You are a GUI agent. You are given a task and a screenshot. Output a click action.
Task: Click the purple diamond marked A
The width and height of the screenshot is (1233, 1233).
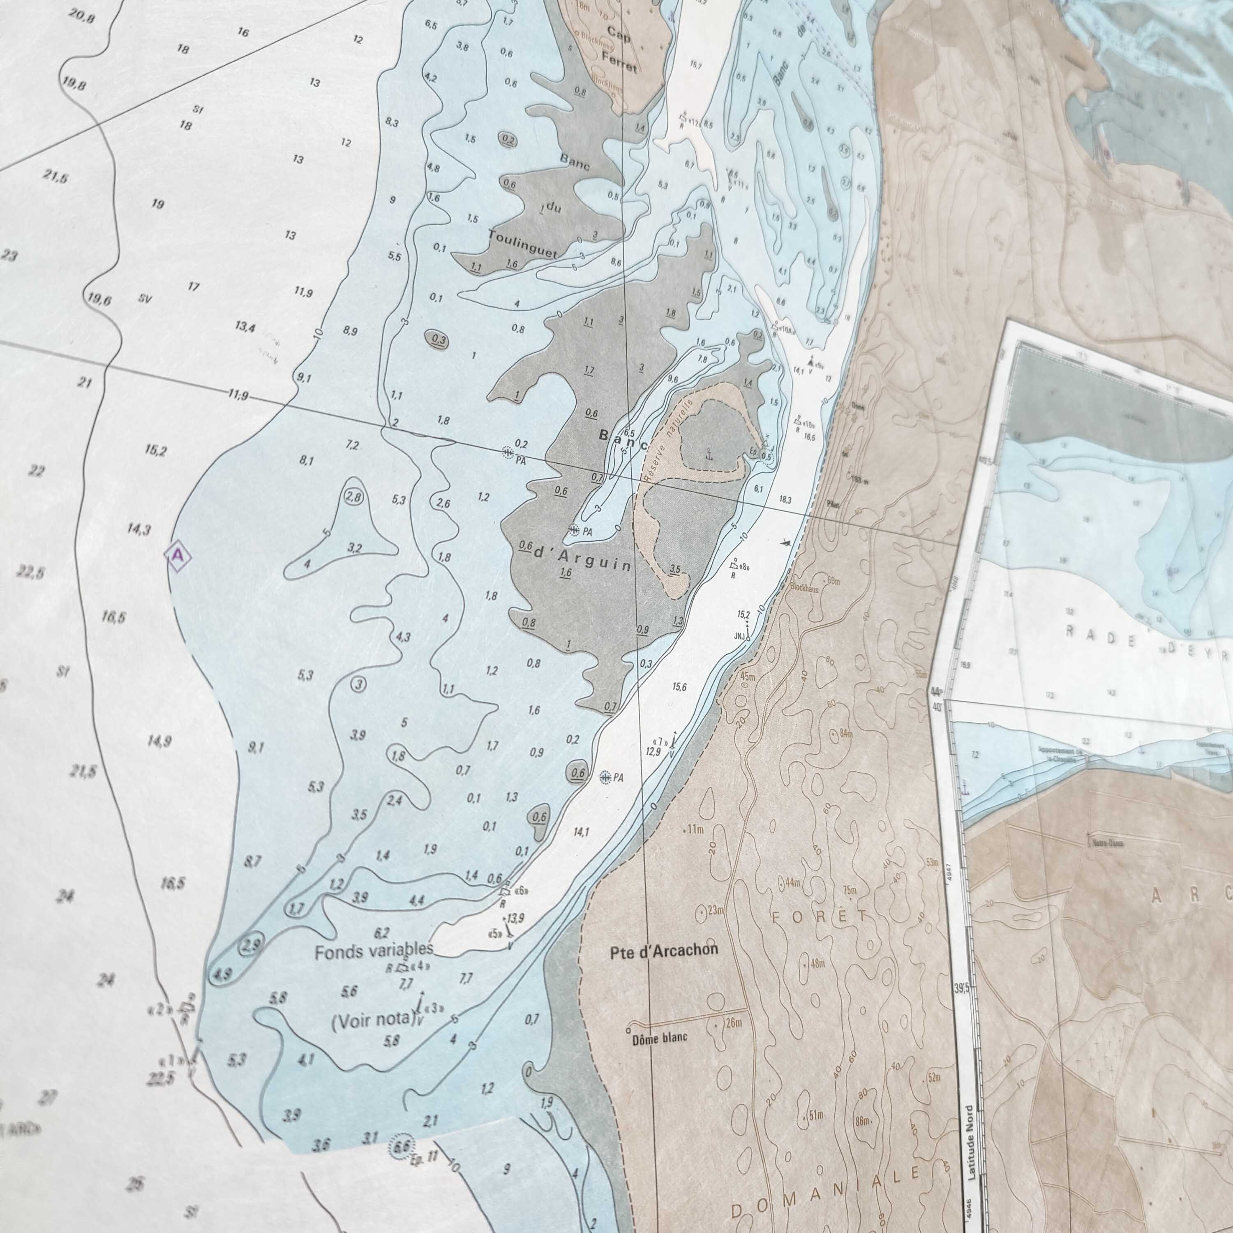point(178,555)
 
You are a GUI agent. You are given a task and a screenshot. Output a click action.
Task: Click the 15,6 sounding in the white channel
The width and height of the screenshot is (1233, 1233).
point(679,687)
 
